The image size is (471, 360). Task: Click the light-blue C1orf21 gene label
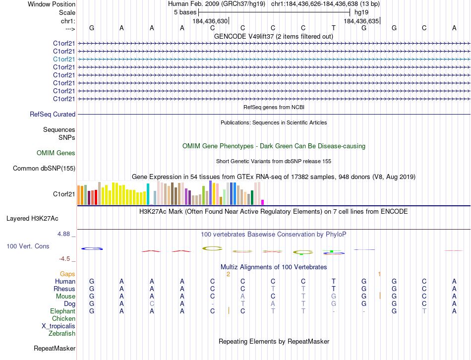click(x=64, y=59)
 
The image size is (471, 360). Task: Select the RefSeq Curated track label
click(x=53, y=115)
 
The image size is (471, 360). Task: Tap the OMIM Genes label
click(x=56, y=153)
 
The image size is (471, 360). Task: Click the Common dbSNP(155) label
click(x=44, y=169)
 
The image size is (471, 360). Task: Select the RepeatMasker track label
click(x=55, y=349)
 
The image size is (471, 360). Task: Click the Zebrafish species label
click(x=62, y=334)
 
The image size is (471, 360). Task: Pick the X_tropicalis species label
click(x=59, y=326)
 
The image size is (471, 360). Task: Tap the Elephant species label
click(x=62, y=311)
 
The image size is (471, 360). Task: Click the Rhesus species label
click(x=65, y=289)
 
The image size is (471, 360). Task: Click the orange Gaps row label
click(x=67, y=274)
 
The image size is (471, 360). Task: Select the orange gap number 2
click(x=228, y=274)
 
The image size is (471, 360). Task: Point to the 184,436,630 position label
click(x=210, y=21)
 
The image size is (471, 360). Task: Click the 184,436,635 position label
click(x=361, y=21)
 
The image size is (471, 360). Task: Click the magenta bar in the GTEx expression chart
click(x=263, y=202)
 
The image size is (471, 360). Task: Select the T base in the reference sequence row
click(x=334, y=28)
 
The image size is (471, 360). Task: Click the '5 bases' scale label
click(x=185, y=12)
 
